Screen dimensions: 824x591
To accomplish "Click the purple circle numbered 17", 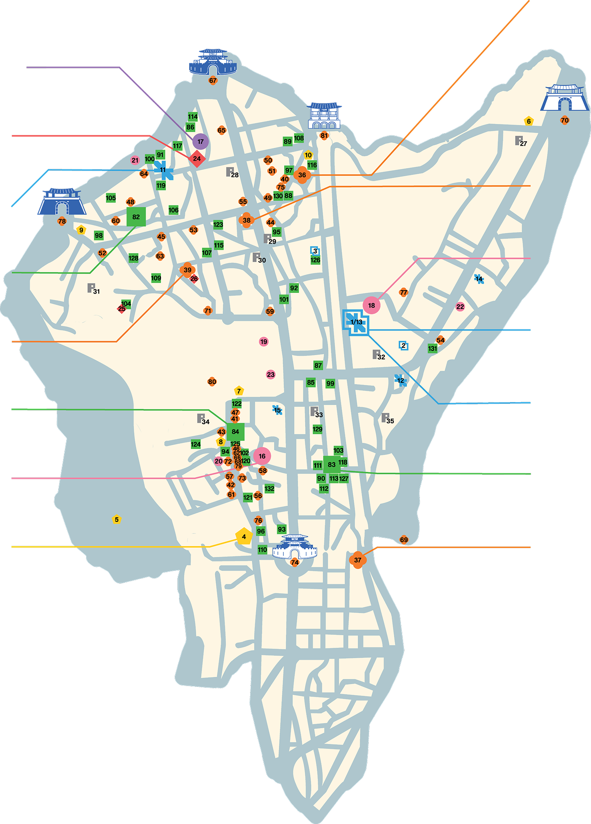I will tap(201, 142).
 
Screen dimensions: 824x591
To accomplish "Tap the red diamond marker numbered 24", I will tap(197, 159).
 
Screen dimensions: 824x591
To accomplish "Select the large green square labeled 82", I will tap(136, 217).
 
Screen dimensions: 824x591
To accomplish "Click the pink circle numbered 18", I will tap(371, 305).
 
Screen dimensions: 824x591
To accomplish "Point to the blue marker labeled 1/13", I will tap(356, 322).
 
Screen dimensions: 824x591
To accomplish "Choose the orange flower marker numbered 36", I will tap(302, 175).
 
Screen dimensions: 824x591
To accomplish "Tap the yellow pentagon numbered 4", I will tap(244, 537).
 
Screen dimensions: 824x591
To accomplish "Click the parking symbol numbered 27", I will tap(520, 141).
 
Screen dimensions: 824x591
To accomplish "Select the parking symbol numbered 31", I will tap(92, 289).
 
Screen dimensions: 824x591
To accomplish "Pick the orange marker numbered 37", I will tap(358, 560).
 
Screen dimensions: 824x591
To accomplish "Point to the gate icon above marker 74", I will tap(295, 547).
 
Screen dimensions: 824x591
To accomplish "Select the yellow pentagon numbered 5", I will tap(116, 519).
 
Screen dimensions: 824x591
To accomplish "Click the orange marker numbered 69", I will tap(404, 540).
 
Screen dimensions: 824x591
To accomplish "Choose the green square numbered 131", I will tap(433, 348).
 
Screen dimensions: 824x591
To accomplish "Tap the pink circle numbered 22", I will tap(460, 306).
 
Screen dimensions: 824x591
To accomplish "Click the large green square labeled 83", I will tap(332, 464).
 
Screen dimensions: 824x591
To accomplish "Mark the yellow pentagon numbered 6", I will tap(528, 121).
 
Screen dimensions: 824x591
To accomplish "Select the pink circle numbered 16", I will tap(262, 456).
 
